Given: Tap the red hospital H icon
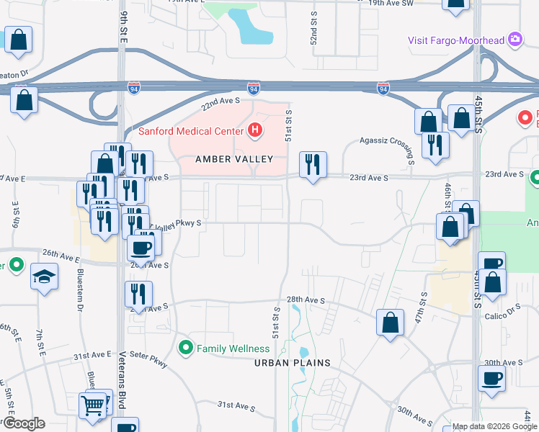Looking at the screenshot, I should point(254,130).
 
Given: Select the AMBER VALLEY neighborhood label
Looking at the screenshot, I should point(233,159).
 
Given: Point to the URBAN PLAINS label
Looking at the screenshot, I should point(292,363).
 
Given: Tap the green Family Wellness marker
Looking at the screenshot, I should point(186,348).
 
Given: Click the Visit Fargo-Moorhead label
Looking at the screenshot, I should point(456,40).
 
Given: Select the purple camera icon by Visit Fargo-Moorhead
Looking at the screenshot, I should point(515,40).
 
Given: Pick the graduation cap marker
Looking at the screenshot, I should point(44,275).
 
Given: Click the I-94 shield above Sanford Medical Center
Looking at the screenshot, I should point(253,88).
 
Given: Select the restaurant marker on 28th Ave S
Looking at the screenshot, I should point(138,294).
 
